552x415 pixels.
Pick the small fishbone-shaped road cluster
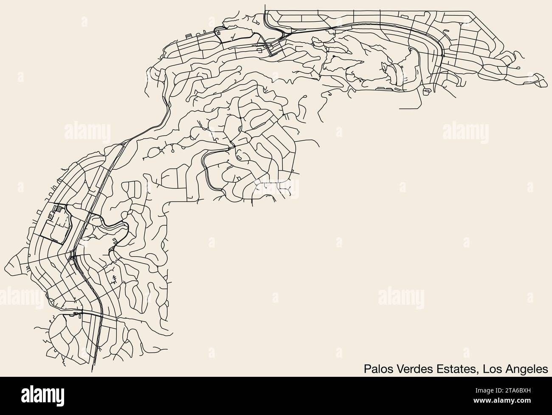(x=114, y=278)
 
